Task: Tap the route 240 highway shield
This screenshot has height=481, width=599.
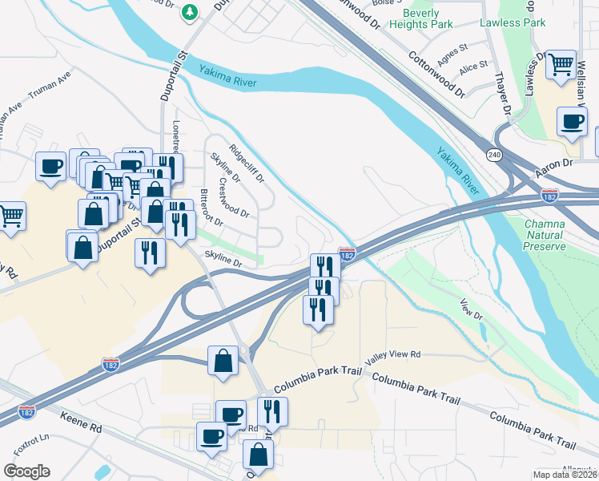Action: pos(496,155)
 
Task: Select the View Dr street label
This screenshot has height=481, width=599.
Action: pos(472,309)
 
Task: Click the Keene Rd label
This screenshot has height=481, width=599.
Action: pos(81,422)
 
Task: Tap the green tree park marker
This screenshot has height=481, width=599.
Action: pos(190,11)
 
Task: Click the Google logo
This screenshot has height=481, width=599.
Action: pos(26,471)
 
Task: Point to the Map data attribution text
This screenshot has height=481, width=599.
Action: pos(562,475)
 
